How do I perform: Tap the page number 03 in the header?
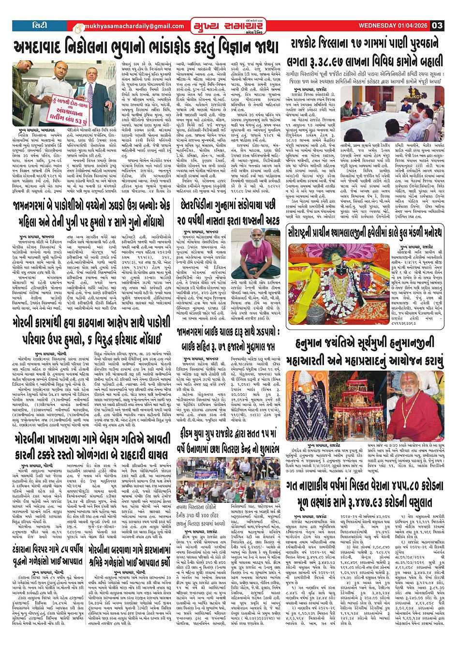coord(437,26)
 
